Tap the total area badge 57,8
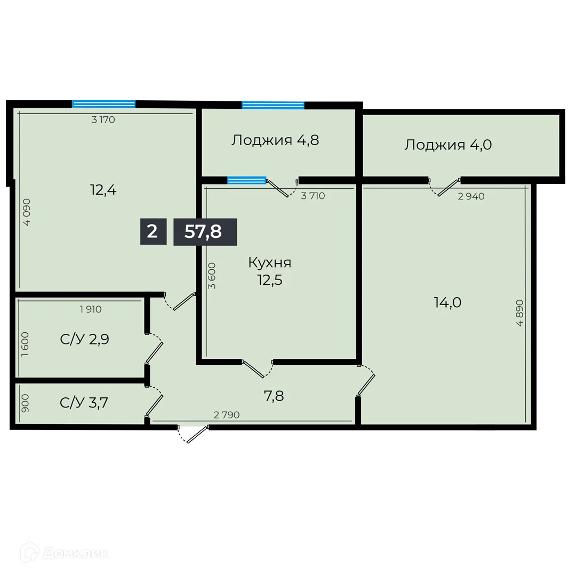(x=205, y=232)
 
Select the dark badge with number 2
(x=153, y=232)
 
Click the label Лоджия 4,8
(x=275, y=141)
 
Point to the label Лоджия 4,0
(x=448, y=145)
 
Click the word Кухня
(x=270, y=262)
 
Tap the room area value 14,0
(x=447, y=303)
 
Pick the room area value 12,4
(x=103, y=189)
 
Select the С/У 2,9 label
(x=85, y=339)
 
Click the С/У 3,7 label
(x=84, y=403)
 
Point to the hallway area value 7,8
(x=274, y=396)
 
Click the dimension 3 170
(x=103, y=120)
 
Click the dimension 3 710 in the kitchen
(x=313, y=196)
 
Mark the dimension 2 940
(x=471, y=196)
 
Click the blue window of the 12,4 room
(x=104, y=103)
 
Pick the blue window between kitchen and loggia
(x=247, y=180)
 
